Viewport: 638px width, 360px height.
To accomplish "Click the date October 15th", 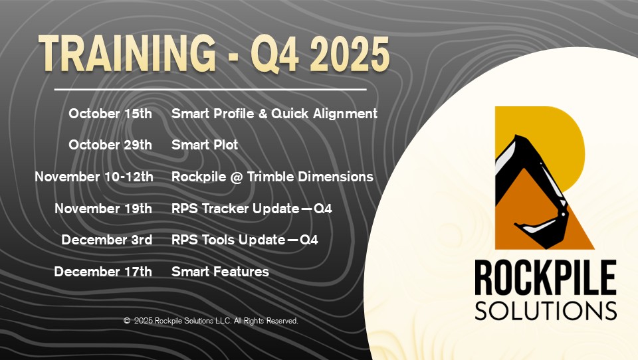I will pos(110,114).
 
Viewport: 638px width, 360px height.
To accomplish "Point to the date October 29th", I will pos(110,145).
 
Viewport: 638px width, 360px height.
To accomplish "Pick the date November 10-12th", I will pos(94,177).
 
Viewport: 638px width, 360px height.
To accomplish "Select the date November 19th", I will pos(103,209).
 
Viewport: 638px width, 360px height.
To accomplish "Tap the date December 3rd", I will pos(106,240).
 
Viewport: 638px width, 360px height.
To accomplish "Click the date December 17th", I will pos(103,272).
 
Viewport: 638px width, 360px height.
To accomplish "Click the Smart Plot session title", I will pos(205,145).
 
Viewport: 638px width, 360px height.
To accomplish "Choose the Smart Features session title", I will pos(220,272).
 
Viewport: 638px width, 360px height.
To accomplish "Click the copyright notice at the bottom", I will pos(211,321).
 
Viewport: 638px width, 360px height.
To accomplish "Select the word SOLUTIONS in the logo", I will pos(545,310).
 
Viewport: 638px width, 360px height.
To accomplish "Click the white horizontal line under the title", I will pos(210,89).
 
